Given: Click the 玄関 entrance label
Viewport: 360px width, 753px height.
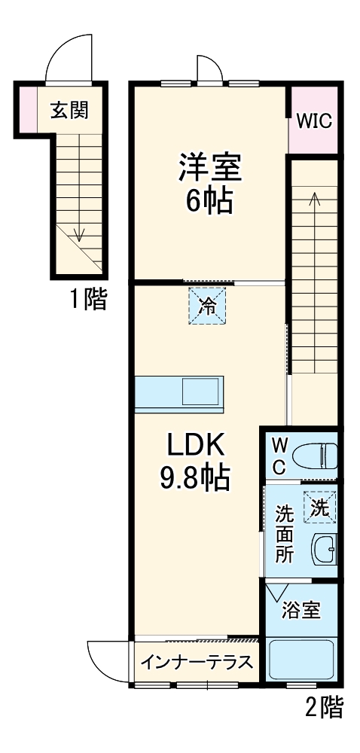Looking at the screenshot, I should [69, 111].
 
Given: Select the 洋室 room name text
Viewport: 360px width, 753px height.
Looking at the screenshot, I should [210, 167].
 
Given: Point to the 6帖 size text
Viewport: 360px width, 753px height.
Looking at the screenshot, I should [210, 202].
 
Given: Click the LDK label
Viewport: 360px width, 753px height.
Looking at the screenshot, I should [196, 446].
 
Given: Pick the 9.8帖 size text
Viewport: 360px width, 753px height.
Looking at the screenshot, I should [196, 479].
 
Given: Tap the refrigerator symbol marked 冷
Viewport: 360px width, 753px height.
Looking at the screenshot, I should [206, 306].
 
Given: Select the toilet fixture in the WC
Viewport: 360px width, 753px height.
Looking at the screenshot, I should [316, 456].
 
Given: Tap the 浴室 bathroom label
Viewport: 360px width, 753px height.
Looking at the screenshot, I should [301, 610].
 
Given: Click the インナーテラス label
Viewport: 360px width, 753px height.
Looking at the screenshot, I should [197, 663].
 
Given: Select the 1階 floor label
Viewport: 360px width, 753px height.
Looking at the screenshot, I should [89, 300].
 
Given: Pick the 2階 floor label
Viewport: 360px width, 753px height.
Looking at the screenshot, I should [325, 709].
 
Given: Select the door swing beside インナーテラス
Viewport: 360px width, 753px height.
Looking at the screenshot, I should [108, 659].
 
